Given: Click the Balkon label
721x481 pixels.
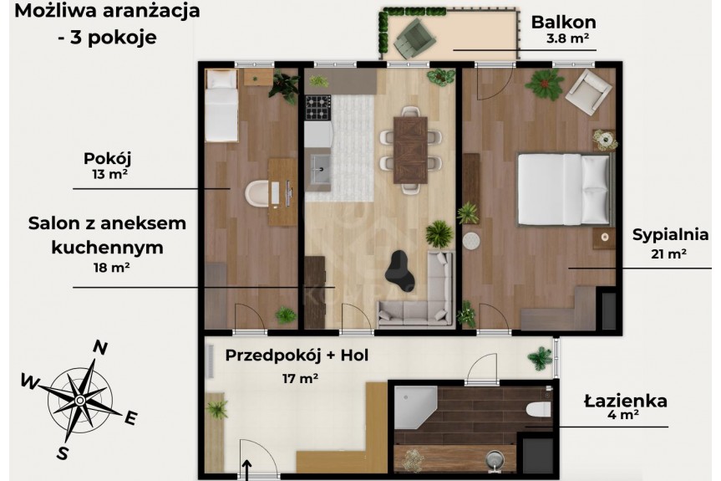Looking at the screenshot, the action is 563,22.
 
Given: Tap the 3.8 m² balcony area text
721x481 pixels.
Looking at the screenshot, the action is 568,38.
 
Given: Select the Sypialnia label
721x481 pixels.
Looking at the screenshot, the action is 670,235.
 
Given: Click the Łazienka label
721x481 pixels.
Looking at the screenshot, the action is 626,401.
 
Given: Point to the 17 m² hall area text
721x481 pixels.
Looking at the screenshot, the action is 300,378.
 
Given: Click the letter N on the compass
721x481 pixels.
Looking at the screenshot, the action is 100,347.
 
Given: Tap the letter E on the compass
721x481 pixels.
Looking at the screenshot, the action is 131,418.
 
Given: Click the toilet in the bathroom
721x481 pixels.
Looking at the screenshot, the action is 540,408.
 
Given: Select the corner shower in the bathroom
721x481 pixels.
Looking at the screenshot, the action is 415,408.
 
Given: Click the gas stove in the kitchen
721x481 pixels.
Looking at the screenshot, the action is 317,107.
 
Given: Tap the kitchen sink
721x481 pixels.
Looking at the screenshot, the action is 319,169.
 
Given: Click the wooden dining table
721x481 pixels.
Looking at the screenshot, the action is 410,150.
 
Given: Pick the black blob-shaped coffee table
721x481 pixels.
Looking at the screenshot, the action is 399,271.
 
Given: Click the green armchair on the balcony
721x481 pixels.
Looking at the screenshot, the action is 414,38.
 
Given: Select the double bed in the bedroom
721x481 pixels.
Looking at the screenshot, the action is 566,189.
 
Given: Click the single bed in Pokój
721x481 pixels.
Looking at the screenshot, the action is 221,105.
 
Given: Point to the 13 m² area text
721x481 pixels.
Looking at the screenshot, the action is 109,175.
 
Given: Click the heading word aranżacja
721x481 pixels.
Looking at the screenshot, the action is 151,10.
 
